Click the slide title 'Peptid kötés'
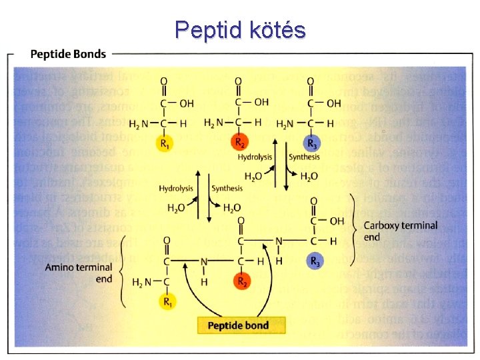pos(240,30)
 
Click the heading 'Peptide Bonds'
pos(67,54)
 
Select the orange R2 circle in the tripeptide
pos(242,281)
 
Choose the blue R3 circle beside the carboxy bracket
pos(315,262)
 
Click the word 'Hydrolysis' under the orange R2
pos(254,157)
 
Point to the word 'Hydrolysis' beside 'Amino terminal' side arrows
pos(175,189)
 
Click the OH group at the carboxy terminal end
pos(337,221)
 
